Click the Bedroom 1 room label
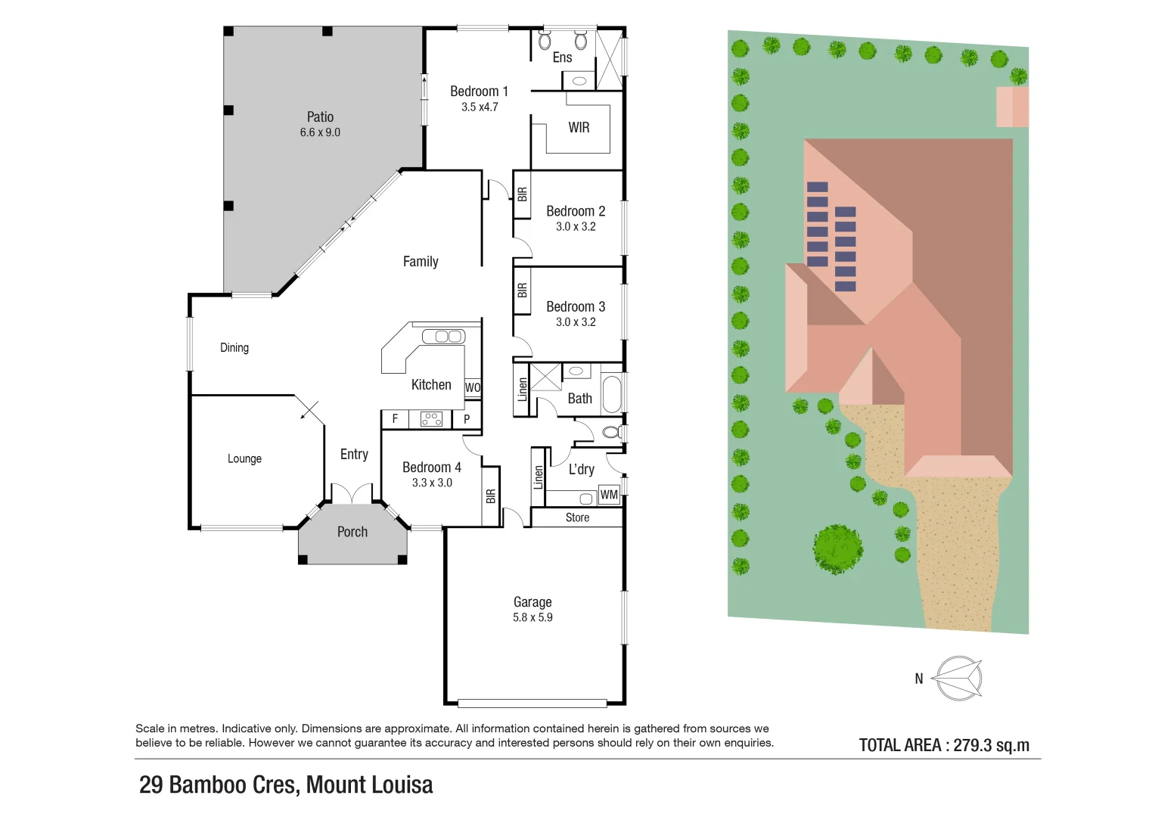(479, 91)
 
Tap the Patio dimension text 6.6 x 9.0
(320, 132)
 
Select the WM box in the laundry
(609, 495)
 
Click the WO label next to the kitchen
(473, 387)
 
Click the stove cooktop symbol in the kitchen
(431, 419)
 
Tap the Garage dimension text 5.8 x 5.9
(532, 617)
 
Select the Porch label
(352, 532)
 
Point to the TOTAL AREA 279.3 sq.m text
(944, 745)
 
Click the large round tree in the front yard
(837, 548)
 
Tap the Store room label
(577, 517)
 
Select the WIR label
(579, 128)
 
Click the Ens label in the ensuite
(562, 57)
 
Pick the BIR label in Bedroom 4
(491, 496)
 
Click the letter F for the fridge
(395, 418)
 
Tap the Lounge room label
(244, 458)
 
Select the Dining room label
(234, 347)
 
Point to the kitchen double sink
(443, 336)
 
